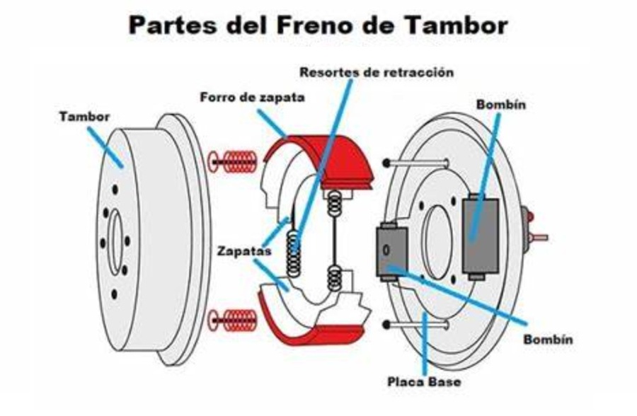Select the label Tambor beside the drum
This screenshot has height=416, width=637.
84,117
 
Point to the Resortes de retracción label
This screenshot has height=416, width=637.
376,72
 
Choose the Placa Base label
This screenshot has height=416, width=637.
424,382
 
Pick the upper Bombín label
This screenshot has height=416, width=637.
501,105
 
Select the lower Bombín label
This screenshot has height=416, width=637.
548,340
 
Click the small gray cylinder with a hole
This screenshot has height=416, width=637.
388,250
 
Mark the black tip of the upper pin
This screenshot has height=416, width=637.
386,163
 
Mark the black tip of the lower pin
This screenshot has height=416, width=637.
386,325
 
